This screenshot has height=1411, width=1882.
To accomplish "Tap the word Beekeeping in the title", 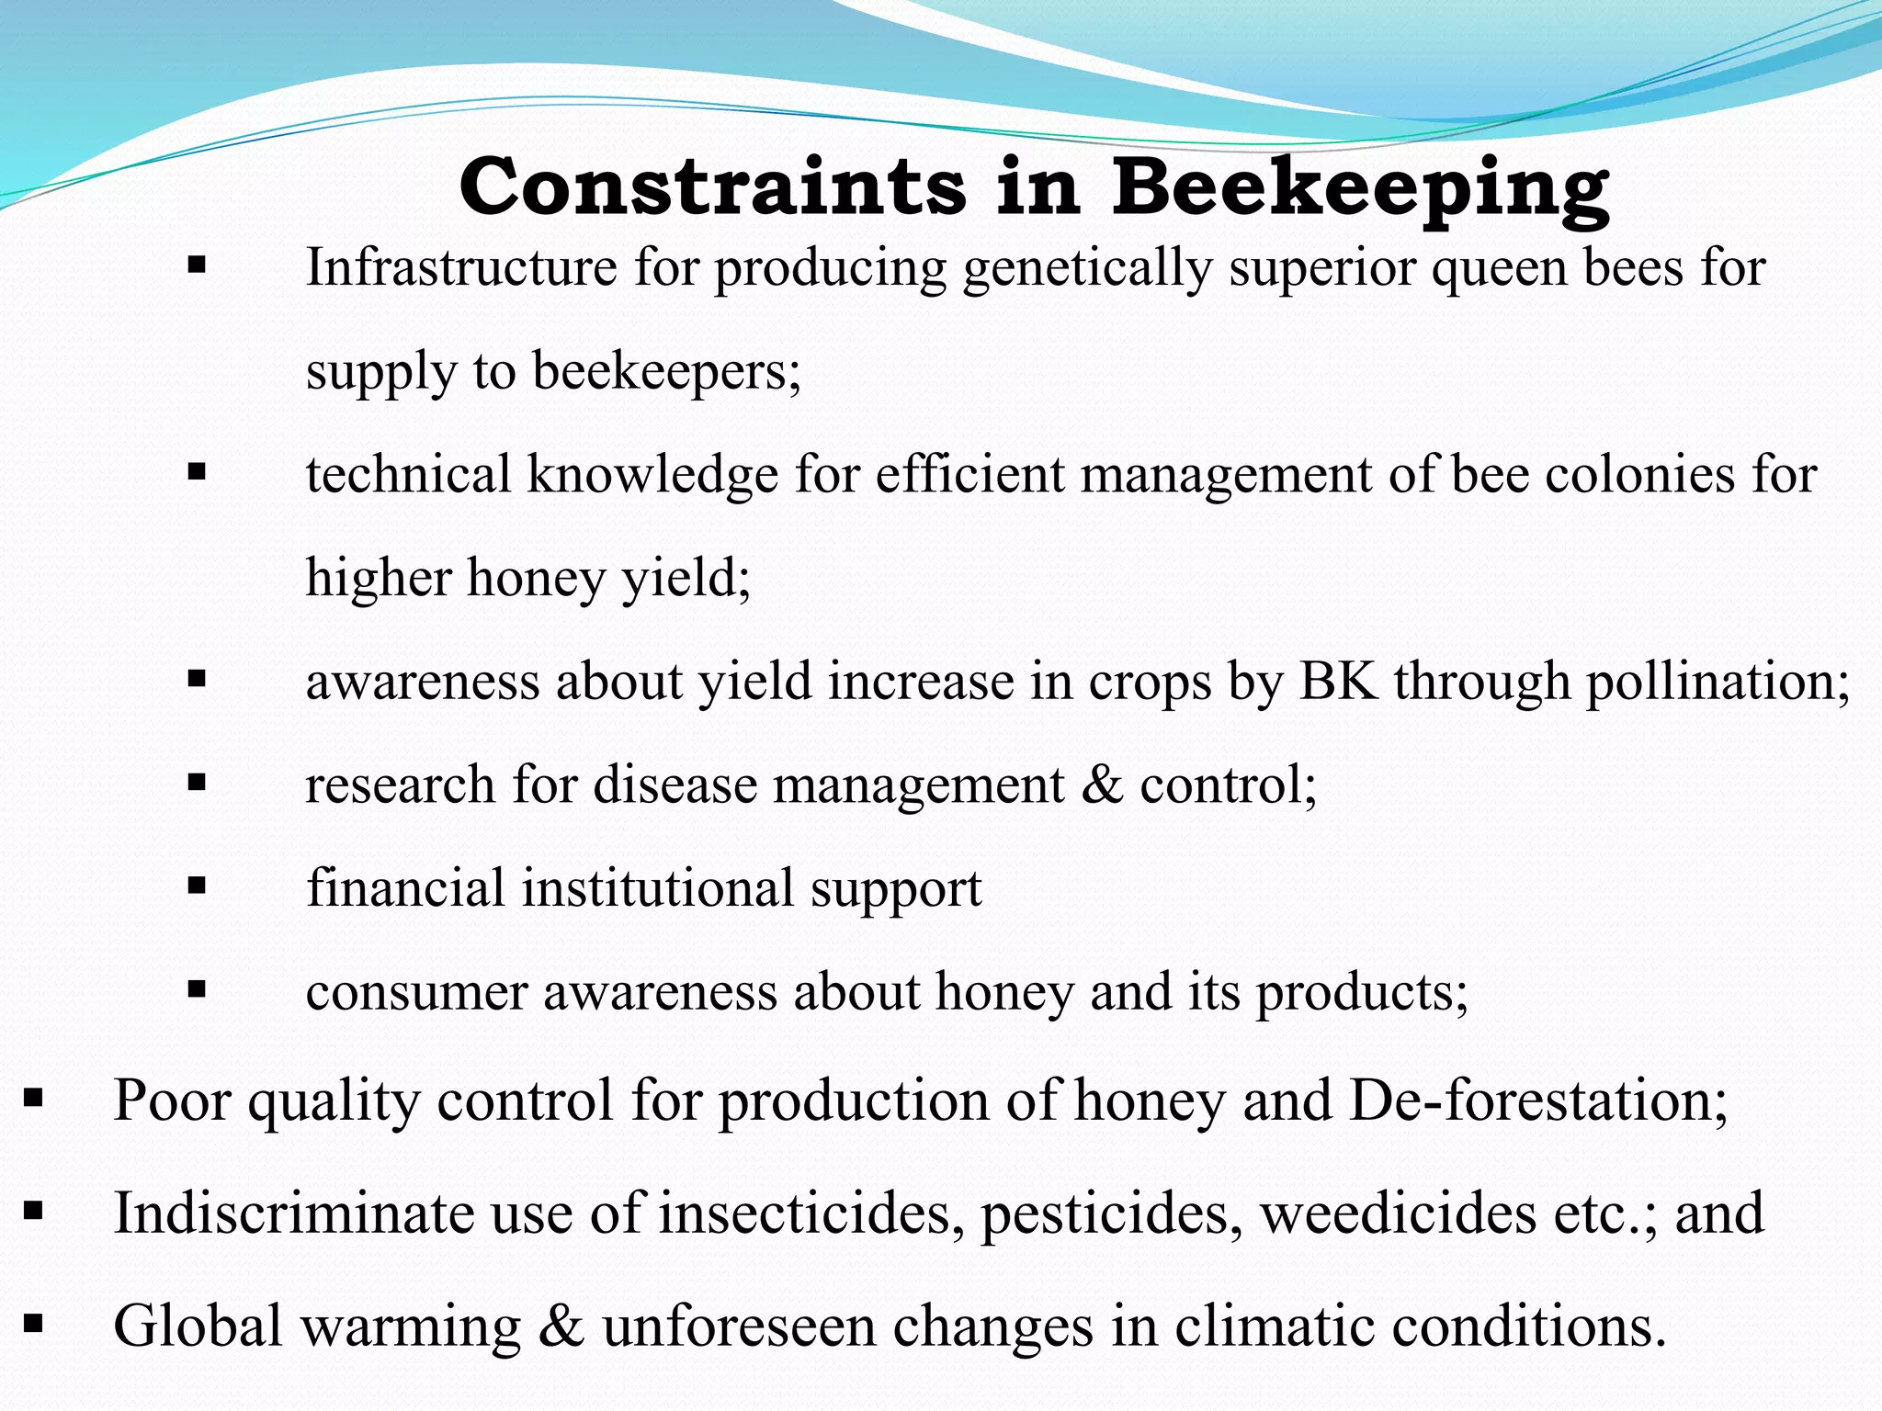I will point(1360,188).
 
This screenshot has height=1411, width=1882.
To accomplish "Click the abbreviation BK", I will point(1338,682).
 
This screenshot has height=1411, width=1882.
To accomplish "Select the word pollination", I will point(1710,682).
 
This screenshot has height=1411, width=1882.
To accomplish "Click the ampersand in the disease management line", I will point(1102,785).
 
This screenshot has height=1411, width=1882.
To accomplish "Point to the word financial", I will point(405,888).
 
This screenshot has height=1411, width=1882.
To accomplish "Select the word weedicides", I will point(1398,1213).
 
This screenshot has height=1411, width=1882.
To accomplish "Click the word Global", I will point(198,1326).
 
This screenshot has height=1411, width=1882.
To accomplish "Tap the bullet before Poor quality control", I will point(34,1097).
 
